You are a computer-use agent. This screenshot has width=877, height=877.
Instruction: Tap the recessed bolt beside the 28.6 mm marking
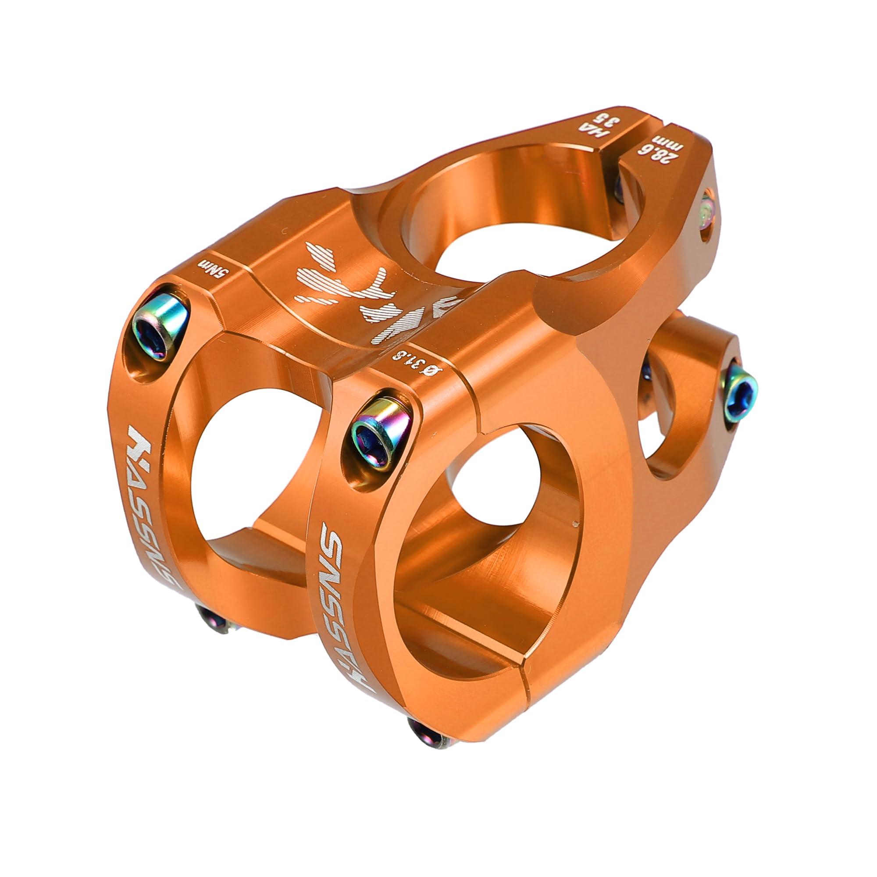pos(707,214)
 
